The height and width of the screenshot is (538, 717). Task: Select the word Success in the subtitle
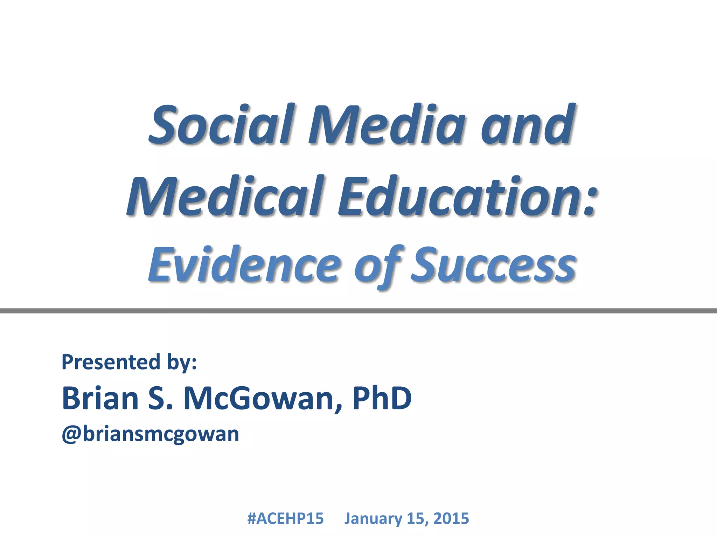tap(493, 265)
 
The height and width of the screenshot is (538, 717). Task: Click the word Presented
tap(111, 362)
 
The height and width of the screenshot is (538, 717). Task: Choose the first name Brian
tap(100, 398)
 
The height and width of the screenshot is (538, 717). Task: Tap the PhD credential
tap(382, 398)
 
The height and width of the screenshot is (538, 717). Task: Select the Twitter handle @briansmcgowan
tap(150, 434)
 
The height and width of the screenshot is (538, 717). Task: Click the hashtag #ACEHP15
tap(285, 518)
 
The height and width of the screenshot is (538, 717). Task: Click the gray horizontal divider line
tap(358, 311)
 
